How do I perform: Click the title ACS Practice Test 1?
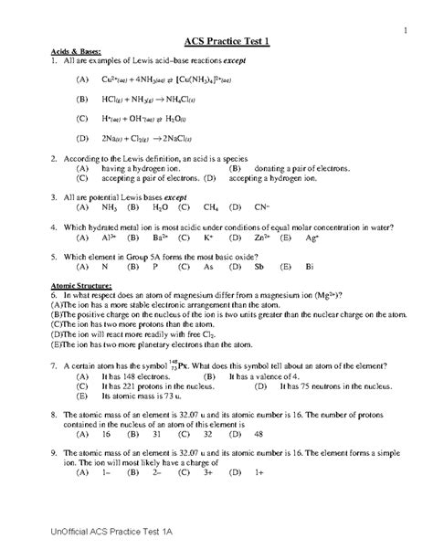[x=216, y=40]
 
